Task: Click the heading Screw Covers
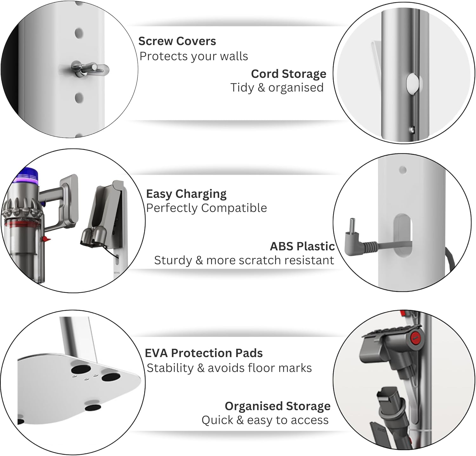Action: (177, 41)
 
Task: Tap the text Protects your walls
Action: (194, 56)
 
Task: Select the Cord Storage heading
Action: (288, 74)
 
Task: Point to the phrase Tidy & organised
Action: (277, 88)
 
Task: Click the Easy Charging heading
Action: (186, 194)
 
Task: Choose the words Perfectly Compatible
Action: (206, 208)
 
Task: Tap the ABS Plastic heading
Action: (302, 246)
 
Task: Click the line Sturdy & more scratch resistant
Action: (244, 260)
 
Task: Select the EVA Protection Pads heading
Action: (203, 353)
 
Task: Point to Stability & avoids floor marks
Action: (229, 368)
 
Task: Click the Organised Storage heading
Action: (277, 406)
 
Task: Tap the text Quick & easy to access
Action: (265, 420)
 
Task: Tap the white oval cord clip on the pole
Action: (413, 83)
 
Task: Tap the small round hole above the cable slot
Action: (403, 170)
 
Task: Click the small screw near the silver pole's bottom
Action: (412, 129)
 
